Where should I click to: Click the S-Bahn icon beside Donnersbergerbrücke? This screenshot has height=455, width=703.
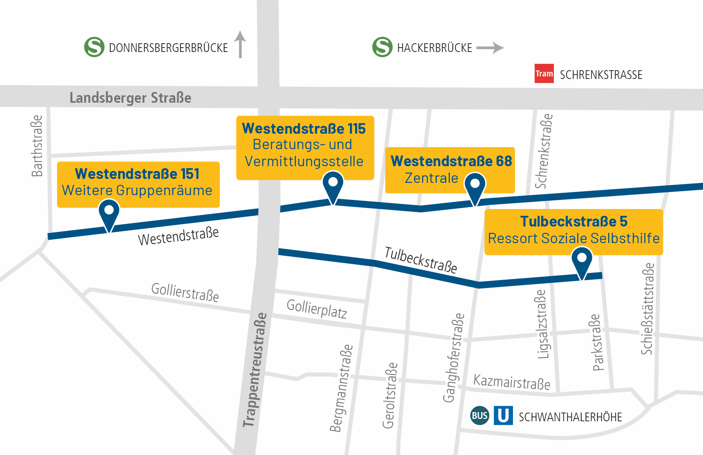point(94,47)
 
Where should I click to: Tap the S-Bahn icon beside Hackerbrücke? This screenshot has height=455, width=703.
point(382,47)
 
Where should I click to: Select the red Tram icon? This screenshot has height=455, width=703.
point(544,73)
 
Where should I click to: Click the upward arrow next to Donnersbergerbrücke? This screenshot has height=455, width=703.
point(240,44)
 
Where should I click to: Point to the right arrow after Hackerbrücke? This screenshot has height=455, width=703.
point(490,48)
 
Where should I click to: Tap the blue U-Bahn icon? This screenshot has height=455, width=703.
point(503,415)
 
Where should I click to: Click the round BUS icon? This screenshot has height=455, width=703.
point(480,415)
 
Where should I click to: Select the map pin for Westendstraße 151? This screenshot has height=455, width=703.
point(109,212)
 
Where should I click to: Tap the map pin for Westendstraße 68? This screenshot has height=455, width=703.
point(475,186)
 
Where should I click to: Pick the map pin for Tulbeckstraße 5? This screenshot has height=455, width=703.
point(582,261)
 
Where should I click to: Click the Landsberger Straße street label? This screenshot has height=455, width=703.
point(130,98)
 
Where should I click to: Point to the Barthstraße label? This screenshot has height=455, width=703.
point(37,146)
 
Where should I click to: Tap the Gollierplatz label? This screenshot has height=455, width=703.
point(317,309)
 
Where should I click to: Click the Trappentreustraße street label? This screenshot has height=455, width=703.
point(255,370)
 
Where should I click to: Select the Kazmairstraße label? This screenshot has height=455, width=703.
point(512,382)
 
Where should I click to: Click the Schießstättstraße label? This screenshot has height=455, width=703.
point(647,309)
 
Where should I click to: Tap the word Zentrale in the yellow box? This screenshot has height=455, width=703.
point(431,178)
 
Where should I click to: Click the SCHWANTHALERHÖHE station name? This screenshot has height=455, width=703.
point(570,417)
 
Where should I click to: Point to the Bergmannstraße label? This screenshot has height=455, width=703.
point(341,388)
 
